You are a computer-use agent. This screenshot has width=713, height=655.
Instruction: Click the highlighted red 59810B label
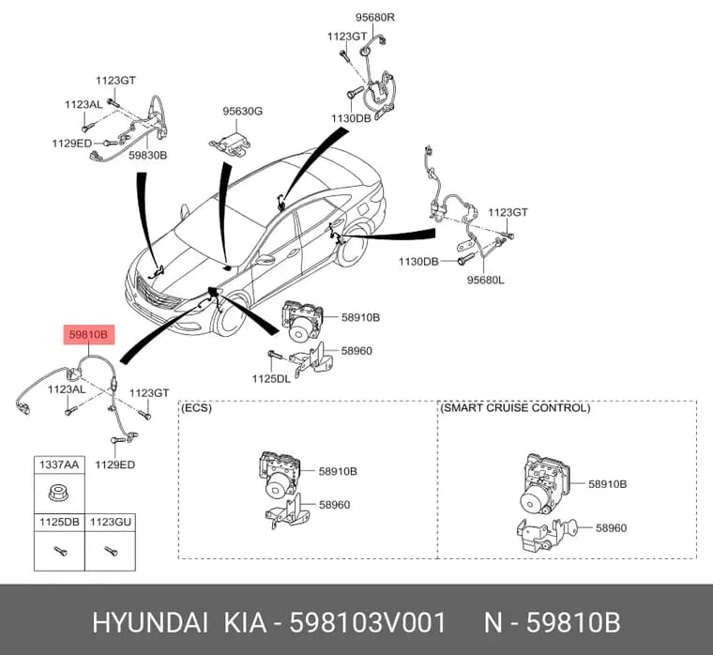(x=89, y=335)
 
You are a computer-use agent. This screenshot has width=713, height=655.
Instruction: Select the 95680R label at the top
(x=374, y=17)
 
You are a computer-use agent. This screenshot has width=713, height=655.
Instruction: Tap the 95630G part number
(x=242, y=111)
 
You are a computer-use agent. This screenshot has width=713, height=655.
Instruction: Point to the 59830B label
(x=148, y=155)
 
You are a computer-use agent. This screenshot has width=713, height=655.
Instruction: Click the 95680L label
(x=486, y=280)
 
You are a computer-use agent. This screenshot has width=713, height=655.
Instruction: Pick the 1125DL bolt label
(x=271, y=378)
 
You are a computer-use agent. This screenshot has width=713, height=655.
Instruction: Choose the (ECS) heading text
(x=196, y=407)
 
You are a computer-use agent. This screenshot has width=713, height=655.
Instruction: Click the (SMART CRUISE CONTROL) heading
(x=515, y=407)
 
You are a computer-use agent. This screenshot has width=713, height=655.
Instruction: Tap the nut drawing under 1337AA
(x=59, y=493)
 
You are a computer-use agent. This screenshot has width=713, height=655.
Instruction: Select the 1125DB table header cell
(x=59, y=522)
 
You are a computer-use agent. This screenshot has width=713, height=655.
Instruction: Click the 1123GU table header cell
(x=110, y=522)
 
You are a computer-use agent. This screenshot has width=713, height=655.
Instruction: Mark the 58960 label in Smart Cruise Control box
(x=611, y=527)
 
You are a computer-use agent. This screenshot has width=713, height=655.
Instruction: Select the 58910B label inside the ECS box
(x=338, y=471)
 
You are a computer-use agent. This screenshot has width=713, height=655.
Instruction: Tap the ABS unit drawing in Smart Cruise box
(x=545, y=483)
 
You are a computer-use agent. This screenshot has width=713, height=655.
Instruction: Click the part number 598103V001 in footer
(x=368, y=622)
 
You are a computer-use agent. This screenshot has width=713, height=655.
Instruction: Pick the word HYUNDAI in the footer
(x=150, y=622)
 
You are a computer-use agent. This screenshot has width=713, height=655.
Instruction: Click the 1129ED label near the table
(x=115, y=465)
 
